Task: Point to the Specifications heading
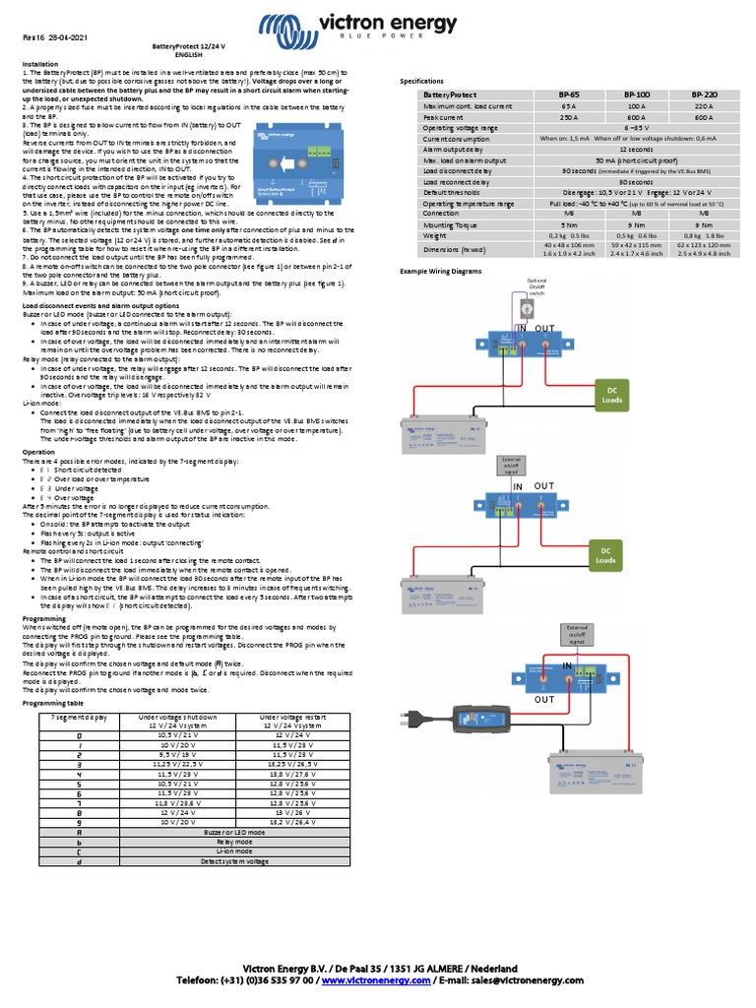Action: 420,81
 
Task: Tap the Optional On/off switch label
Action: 536,286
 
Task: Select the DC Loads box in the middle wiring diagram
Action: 603,554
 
